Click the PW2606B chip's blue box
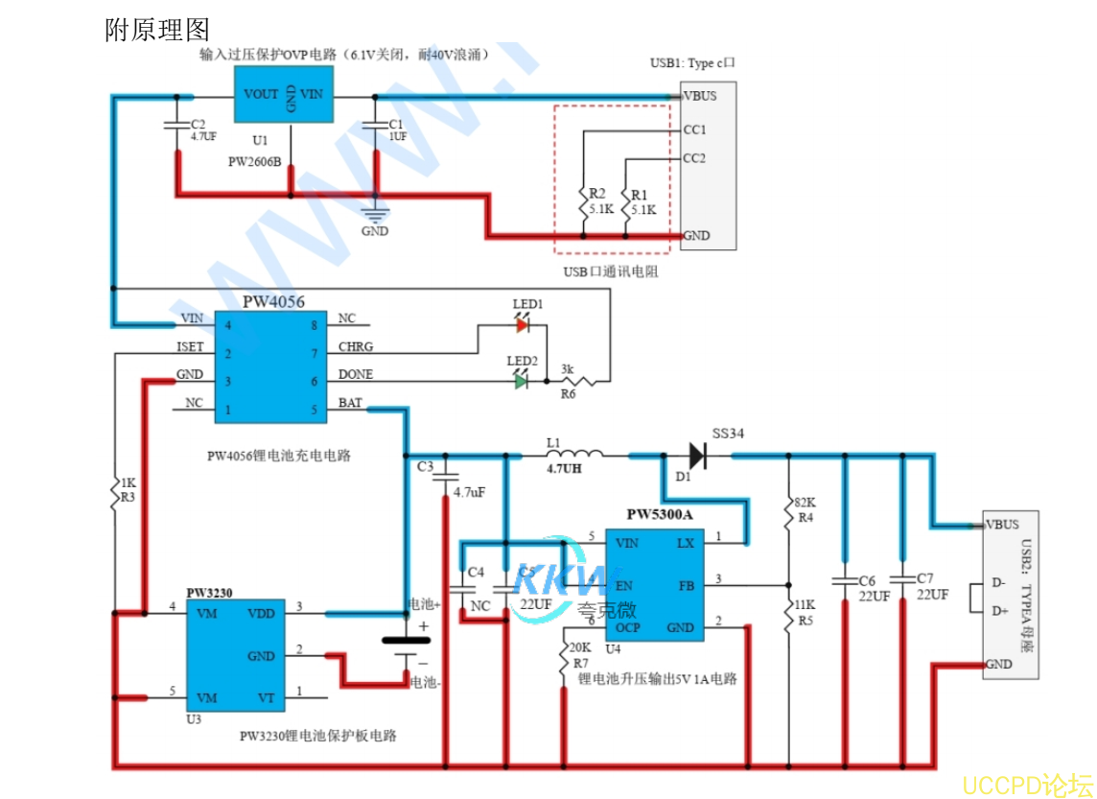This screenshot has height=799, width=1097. (286, 95)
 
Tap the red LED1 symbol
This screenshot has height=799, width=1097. (522, 325)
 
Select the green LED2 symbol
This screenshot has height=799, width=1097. (521, 381)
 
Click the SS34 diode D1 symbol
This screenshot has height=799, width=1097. (697, 457)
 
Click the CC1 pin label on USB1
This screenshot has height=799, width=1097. (694, 129)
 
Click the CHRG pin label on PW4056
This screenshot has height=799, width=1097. (356, 346)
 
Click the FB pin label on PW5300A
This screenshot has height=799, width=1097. (687, 584)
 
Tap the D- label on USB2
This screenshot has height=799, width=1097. (998, 582)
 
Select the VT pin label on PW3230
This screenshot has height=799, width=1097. (267, 697)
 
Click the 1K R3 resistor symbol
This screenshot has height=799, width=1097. (115, 491)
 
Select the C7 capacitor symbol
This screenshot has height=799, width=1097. (901, 578)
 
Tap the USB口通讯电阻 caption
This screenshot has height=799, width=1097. (611, 271)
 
